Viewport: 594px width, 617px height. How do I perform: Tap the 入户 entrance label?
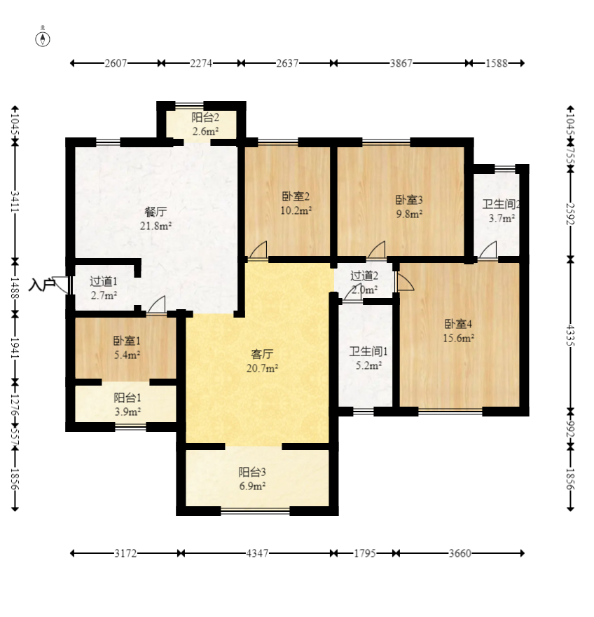pos(41,285)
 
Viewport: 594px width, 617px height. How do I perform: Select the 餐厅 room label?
pos(156,212)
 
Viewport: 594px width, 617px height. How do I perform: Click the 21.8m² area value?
pos(156,226)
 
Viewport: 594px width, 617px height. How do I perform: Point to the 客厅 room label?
pos(262,354)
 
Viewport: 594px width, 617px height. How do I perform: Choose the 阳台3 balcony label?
pos(252,471)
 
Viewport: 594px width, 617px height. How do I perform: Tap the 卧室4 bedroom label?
pos(458,324)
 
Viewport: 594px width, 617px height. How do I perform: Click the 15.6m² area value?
pos(458,338)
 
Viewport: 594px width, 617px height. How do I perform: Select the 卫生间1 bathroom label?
pos(368,351)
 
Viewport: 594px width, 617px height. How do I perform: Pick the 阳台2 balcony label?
pos(205,117)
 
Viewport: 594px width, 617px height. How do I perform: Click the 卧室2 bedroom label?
pos(296,196)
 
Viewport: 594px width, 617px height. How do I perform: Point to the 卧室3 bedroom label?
pos(409,200)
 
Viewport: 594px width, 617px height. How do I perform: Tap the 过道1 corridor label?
pos(104,281)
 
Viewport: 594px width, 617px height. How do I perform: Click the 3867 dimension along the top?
pos(401,63)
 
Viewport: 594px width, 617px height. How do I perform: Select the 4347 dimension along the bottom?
pos(257,553)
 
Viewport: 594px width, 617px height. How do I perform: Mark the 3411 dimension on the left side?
pos(15,201)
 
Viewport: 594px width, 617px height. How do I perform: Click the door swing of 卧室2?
pos(258,250)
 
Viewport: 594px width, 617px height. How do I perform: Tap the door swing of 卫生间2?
pos(488,250)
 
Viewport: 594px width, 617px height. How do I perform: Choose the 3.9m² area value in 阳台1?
pos(127,412)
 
